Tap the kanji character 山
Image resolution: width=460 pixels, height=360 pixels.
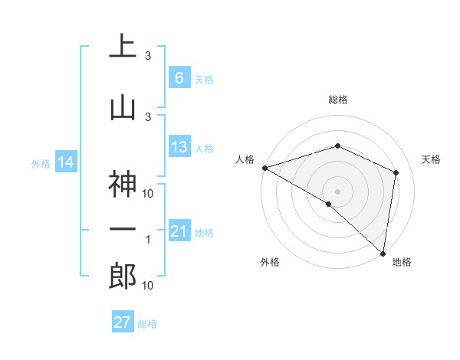tap(123, 106)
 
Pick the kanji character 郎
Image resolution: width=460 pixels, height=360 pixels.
tap(123, 276)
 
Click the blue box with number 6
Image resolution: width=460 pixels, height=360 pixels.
tap(179, 78)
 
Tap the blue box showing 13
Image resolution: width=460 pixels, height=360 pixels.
tap(179, 147)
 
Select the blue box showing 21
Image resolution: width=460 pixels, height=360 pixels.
tap(179, 231)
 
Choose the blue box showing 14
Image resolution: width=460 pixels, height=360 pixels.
tap(65, 162)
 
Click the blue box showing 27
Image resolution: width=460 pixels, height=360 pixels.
tap(122, 322)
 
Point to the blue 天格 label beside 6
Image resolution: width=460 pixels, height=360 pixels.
tap(204, 79)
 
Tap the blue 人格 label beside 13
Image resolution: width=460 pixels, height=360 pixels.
tap(204, 148)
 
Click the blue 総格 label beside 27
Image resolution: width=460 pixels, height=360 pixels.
tap(147, 324)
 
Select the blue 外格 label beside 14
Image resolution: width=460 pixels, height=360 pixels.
tap(41, 163)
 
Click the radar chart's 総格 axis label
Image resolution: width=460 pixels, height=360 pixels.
tap(337, 100)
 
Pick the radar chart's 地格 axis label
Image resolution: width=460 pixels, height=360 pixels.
tap(402, 262)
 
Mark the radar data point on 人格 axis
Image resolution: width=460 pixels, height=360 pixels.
tap(264, 168)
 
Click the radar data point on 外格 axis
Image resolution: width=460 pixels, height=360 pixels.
tap(329, 204)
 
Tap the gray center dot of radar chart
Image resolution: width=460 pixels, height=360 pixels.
tap(337, 191)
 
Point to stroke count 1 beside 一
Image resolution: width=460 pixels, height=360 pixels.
tap(148, 240)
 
